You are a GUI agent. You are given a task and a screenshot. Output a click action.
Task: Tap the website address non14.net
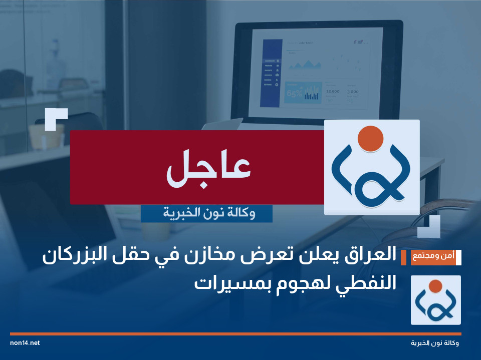pyautogui.click(x=25, y=343)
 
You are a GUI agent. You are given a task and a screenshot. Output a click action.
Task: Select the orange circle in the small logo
pyautogui.click(x=435, y=286)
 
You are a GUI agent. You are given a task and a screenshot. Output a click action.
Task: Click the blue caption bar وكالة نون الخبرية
pyautogui.click(x=206, y=214)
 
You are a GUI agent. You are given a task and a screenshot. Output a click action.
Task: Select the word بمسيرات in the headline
pyautogui.click(x=225, y=283)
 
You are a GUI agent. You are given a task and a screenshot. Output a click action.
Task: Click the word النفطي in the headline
pyautogui.click(x=367, y=283)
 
